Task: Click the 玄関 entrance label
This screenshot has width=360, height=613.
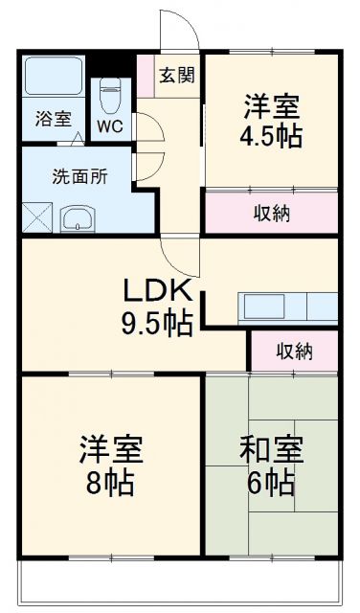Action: click(175, 74)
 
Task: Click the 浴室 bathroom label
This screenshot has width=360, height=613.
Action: click(54, 119)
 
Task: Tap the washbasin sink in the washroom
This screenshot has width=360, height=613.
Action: click(77, 219)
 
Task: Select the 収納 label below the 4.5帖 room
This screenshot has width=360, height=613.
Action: click(271, 212)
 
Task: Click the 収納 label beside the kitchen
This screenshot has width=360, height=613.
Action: click(293, 351)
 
